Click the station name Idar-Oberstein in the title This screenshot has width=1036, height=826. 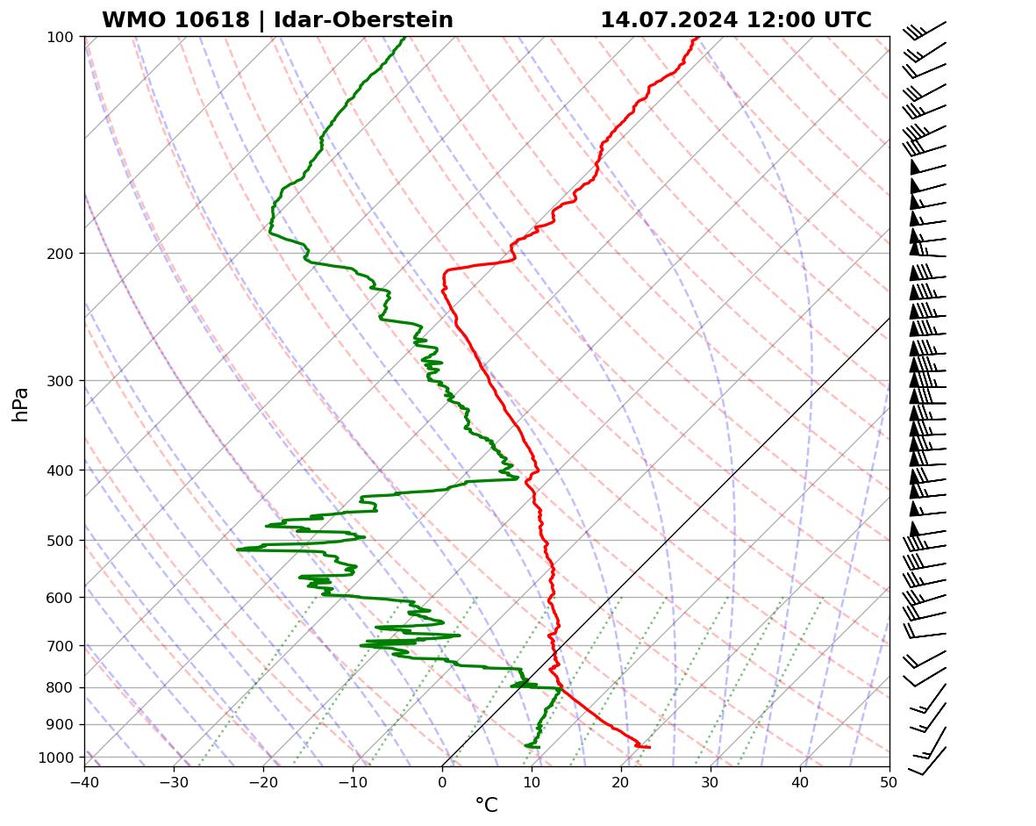click(363, 20)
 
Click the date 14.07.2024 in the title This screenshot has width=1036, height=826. click(668, 20)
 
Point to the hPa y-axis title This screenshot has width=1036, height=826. click(20, 404)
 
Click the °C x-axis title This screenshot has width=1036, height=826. click(486, 805)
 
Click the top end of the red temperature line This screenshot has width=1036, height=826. click(697, 38)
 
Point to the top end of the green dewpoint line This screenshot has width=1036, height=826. click(404, 38)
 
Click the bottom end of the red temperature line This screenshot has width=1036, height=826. click(649, 747)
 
